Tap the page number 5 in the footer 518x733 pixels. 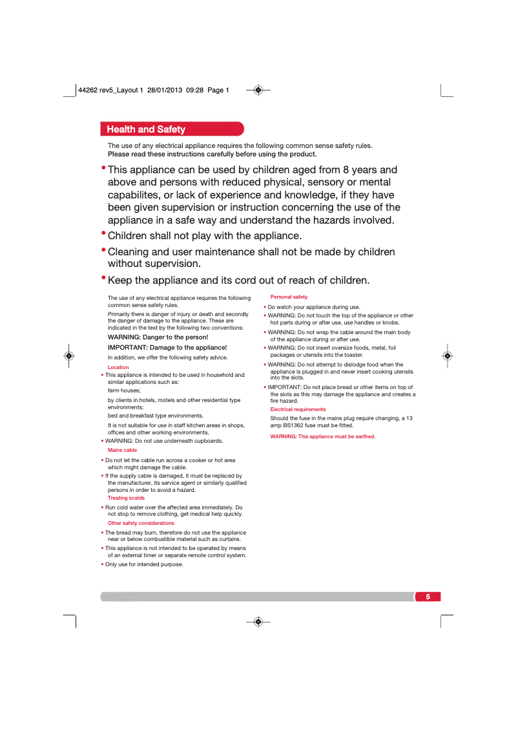coord(428,596)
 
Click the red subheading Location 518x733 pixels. coord(118,367)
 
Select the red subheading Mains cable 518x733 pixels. coord(122,450)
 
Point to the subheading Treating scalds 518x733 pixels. coord(126,498)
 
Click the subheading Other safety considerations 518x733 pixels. coord(141,523)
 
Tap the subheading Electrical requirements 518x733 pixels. coord(298,409)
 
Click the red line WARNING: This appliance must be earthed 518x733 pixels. coord(322,436)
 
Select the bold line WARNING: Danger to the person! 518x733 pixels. coord(158,337)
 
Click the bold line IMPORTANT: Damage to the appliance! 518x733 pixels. coord(167,347)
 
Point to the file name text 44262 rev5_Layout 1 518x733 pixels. coord(110,90)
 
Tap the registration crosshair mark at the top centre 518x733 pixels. coord(258,90)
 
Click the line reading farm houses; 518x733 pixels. coord(124,390)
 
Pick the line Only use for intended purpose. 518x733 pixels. coord(144,564)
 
